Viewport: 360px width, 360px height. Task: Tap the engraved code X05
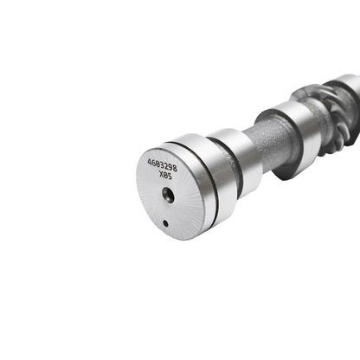(x=164, y=173)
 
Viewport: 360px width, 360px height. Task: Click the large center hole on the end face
(x=168, y=196)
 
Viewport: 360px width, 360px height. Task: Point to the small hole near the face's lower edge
(x=164, y=223)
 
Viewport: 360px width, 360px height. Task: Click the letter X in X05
(x=159, y=172)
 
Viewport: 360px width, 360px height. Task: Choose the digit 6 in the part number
(x=153, y=162)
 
